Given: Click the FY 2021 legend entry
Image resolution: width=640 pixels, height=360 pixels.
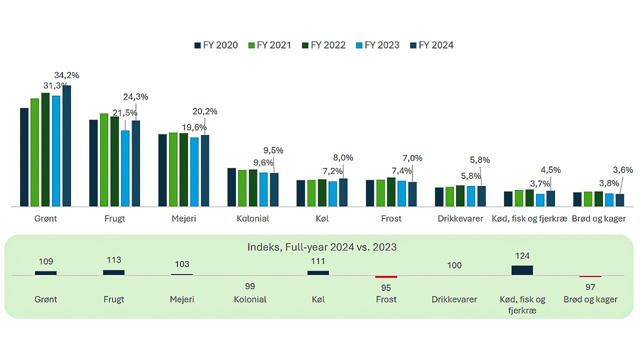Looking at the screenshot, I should pyautogui.click(x=269, y=45).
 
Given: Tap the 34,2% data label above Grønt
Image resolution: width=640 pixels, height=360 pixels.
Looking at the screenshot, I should pyautogui.click(x=66, y=75).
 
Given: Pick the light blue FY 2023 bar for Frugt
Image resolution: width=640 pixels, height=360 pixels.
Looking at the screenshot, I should pyautogui.click(x=125, y=168).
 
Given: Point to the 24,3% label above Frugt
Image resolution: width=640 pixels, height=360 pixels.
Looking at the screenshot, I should pyautogui.click(x=135, y=97).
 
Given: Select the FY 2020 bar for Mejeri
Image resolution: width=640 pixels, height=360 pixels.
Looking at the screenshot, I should pyautogui.click(x=162, y=170).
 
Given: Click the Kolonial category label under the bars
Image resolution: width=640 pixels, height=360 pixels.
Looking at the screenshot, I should pyautogui.click(x=253, y=218).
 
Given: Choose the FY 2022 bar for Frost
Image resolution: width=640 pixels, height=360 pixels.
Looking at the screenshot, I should pyautogui.click(x=391, y=192).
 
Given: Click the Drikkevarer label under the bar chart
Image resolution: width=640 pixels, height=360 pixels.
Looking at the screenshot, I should pyautogui.click(x=460, y=218).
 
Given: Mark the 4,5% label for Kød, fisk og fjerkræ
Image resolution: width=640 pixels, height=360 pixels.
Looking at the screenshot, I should pyautogui.click(x=550, y=169).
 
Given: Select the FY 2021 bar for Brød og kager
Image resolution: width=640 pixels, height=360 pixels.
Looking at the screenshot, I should pyautogui.click(x=588, y=199).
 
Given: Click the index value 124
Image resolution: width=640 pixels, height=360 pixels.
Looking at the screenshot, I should pyautogui.click(x=522, y=256).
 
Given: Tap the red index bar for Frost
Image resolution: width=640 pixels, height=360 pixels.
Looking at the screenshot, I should pyautogui.click(x=386, y=276).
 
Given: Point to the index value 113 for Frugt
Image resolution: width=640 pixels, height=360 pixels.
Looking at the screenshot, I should pyautogui.click(x=114, y=260).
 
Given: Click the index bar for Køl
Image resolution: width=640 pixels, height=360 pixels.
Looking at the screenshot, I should pyautogui.click(x=318, y=273).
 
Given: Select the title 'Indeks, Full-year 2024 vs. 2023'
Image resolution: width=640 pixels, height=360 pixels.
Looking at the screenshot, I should pyautogui.click(x=322, y=247).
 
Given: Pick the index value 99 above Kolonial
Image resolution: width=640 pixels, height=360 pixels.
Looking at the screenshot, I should pyautogui.click(x=250, y=286).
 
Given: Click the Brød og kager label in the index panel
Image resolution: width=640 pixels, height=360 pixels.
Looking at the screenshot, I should pyautogui.click(x=590, y=299).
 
